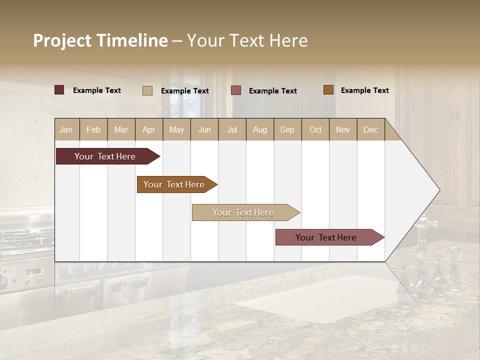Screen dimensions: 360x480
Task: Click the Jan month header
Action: [x=66, y=129]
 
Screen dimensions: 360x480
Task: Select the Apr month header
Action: [x=148, y=129]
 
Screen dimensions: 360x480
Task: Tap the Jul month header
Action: [x=232, y=129]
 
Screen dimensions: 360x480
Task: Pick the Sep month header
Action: [x=287, y=129]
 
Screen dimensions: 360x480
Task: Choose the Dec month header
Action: [x=370, y=129]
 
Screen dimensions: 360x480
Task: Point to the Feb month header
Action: [x=93, y=129]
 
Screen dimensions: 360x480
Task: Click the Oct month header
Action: [x=315, y=129]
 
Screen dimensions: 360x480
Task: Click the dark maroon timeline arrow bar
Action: [x=105, y=156]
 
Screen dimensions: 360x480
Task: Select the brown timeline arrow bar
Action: [x=174, y=184]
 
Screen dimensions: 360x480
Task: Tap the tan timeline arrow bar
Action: [x=243, y=212]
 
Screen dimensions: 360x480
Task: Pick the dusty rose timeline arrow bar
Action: [x=326, y=237]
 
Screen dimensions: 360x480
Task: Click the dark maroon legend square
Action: [x=59, y=90]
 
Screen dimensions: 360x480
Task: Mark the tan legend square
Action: [x=147, y=90]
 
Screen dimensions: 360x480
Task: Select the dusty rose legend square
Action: [x=236, y=90]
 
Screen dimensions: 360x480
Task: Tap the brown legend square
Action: [x=328, y=90]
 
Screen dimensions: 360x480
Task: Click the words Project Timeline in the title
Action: [x=100, y=40]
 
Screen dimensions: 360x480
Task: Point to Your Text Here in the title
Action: [x=247, y=40]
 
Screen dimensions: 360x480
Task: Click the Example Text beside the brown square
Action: [x=364, y=90]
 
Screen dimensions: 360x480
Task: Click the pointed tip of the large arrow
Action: [x=438, y=190]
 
